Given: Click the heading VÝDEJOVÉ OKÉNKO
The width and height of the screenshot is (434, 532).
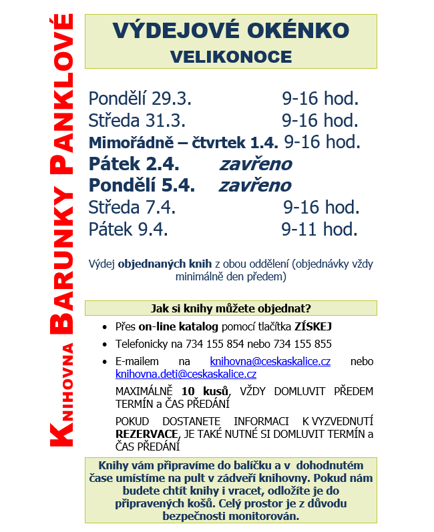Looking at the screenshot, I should pos(230,31).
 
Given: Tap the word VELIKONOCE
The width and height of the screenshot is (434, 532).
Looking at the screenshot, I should pos(230,56).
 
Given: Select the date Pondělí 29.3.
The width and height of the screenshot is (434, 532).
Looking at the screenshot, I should pos(140,99).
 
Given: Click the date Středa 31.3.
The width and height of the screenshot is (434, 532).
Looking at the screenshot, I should pos(137,121).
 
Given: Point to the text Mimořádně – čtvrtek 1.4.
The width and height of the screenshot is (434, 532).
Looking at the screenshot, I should pos(183,142).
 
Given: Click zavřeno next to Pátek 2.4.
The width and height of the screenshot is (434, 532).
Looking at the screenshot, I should pos(255,164).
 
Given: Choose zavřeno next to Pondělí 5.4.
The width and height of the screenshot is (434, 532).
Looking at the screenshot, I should pos(255,185).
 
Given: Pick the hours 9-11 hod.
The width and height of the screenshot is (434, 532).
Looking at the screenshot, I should pos(319,229).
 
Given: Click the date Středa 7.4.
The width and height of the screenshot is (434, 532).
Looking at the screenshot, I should pos(132,207).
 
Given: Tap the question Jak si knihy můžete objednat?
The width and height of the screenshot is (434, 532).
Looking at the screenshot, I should pos(230,308).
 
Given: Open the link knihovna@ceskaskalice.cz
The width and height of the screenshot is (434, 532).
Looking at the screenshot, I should pos(270,361).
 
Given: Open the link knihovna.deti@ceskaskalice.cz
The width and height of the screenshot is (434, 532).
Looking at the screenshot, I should pos(186,374).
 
